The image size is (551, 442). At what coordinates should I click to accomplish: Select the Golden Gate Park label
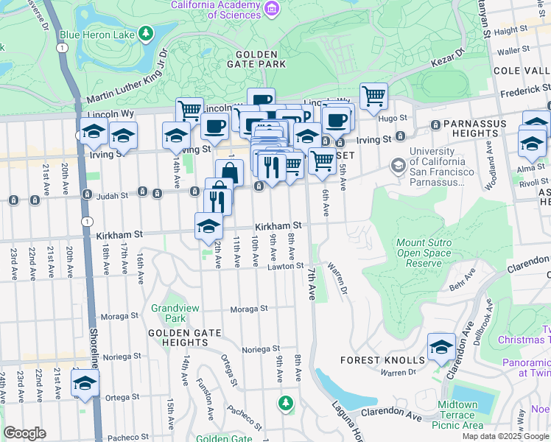257,59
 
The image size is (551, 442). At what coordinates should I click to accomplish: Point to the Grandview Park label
169,313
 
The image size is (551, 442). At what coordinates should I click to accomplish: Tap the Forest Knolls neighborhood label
382,360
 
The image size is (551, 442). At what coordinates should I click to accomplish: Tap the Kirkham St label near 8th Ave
279,225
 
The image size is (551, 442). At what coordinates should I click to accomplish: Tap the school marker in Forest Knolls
441,346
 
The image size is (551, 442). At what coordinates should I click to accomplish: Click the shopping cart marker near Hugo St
373,95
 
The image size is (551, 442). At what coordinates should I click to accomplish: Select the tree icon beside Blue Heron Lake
146,33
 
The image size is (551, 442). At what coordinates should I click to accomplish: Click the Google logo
24,433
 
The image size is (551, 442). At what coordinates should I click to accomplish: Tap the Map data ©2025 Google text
505,436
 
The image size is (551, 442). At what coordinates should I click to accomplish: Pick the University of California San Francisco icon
399,165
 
